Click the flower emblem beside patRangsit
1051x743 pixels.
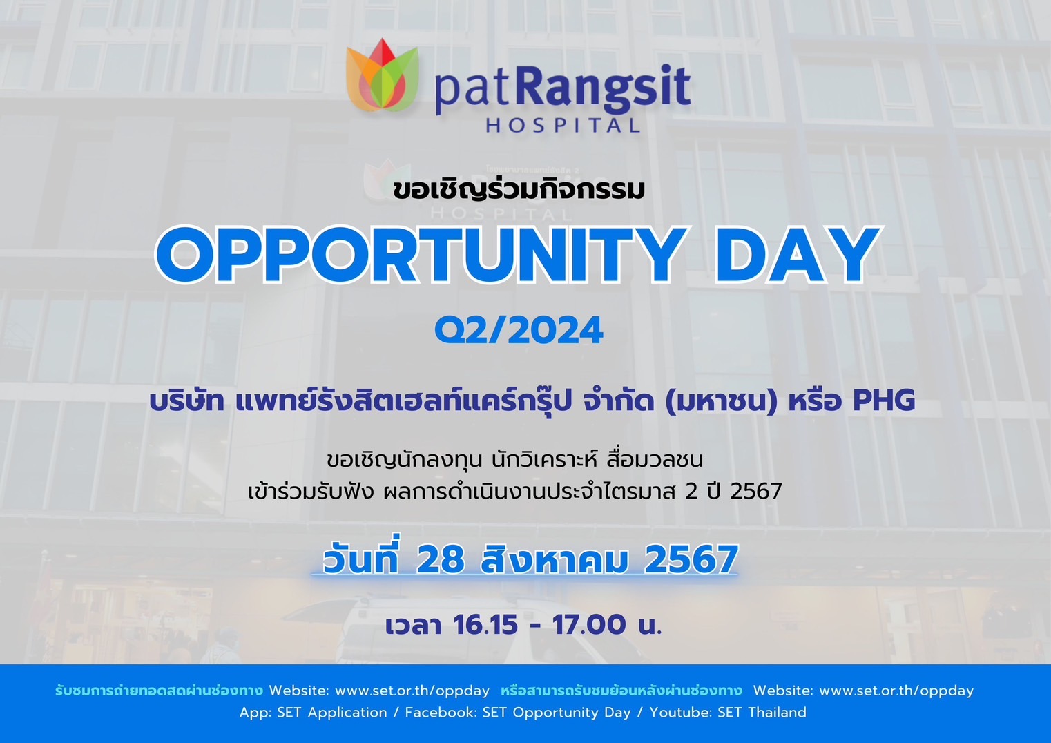382,75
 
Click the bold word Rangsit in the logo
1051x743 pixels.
606,89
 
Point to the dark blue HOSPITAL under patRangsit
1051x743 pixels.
563,125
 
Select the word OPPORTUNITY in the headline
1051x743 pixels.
421,255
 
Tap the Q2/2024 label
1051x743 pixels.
519,330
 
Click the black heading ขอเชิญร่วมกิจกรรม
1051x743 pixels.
519,189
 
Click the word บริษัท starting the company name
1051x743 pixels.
186,401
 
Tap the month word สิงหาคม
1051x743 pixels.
554,559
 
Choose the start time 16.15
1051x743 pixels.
485,625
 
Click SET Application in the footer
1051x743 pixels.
332,713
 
